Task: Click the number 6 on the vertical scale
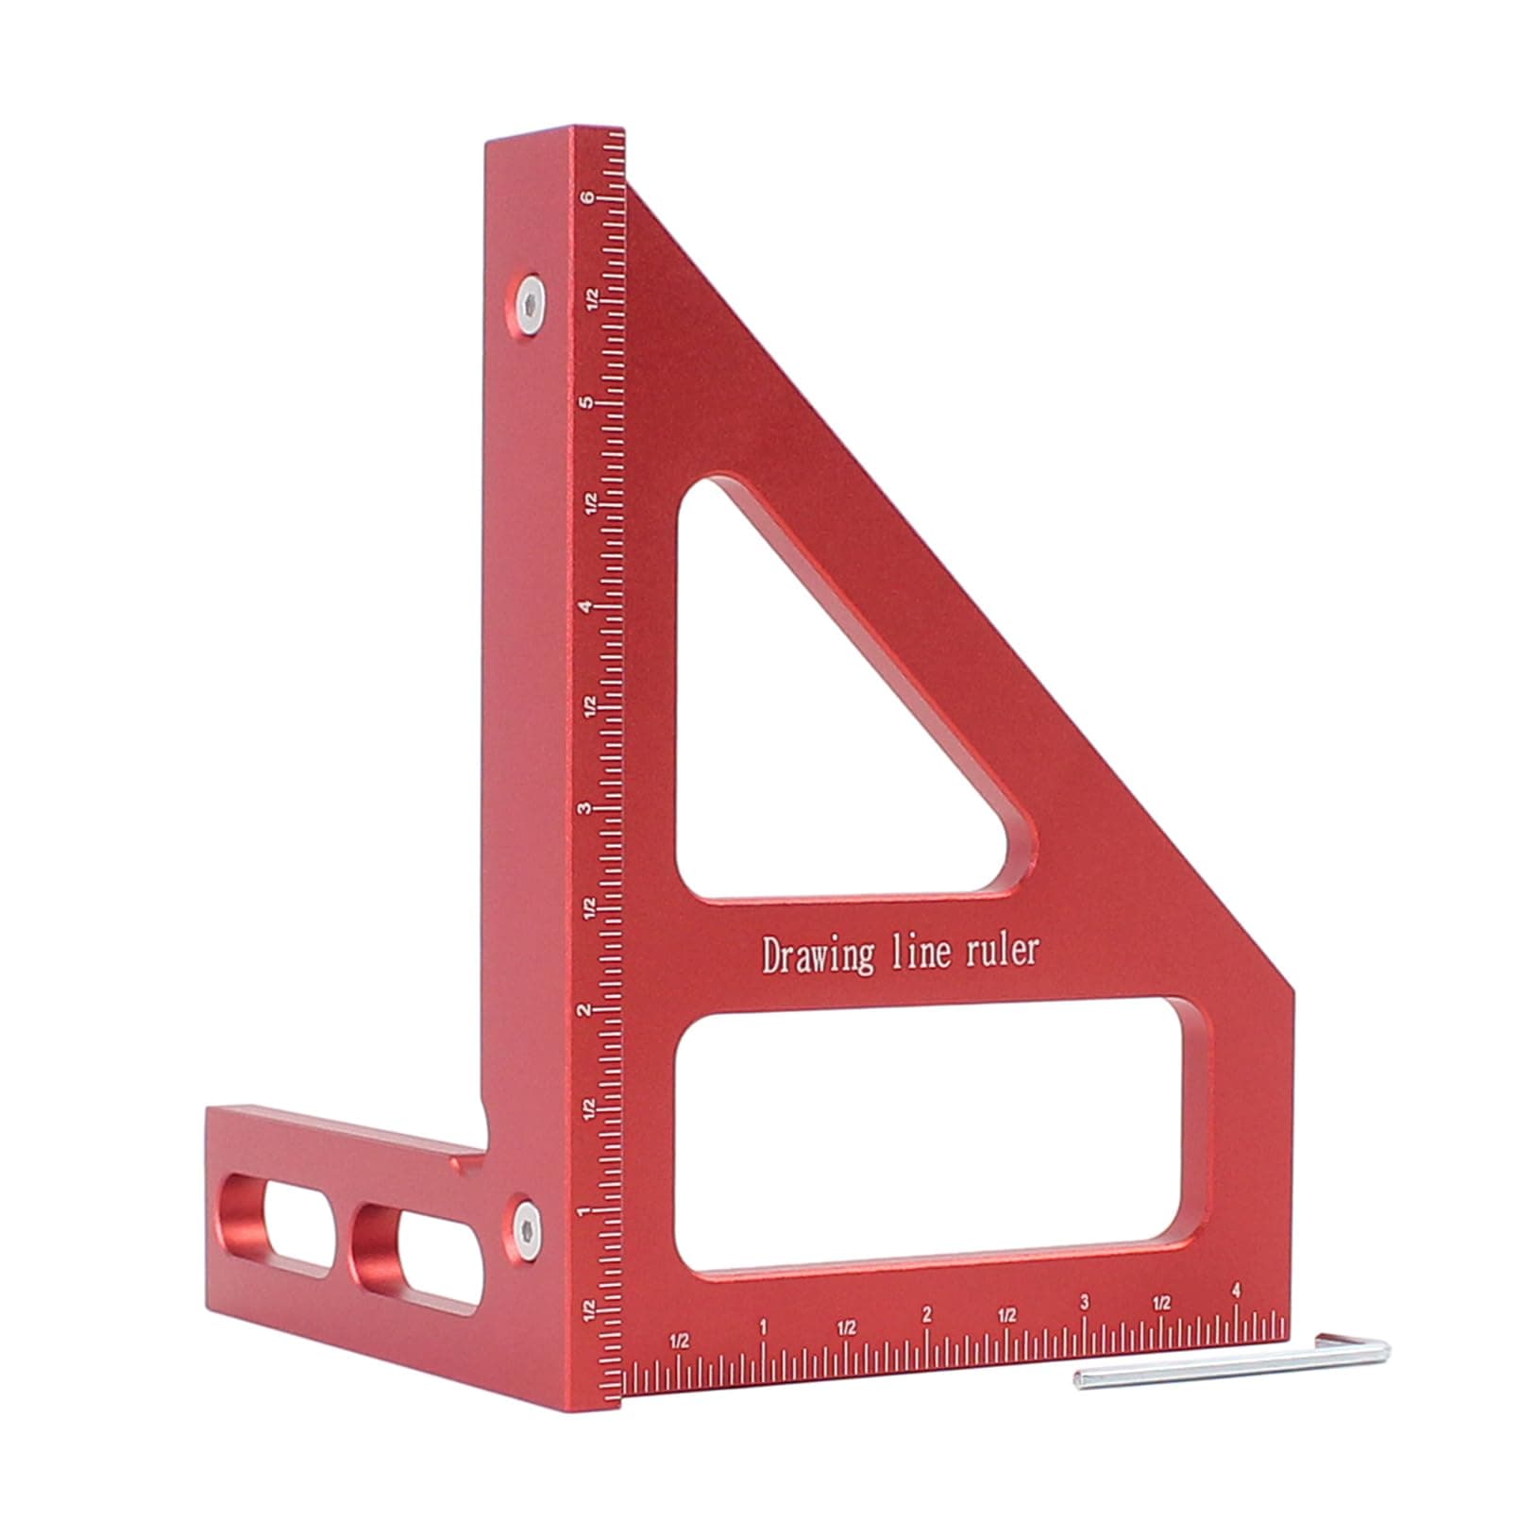pyautogui.click(x=587, y=198)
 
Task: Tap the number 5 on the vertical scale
pyautogui.click(x=587, y=403)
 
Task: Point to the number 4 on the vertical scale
pyautogui.click(x=587, y=606)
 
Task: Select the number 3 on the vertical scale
pyautogui.click(x=586, y=809)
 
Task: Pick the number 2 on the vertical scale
pyautogui.click(x=587, y=1010)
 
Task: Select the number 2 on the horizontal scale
pyautogui.click(x=926, y=1315)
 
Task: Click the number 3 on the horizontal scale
pyautogui.click(x=1085, y=1303)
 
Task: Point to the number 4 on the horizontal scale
pyautogui.click(x=1237, y=1292)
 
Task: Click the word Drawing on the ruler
pyautogui.click(x=818, y=955)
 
